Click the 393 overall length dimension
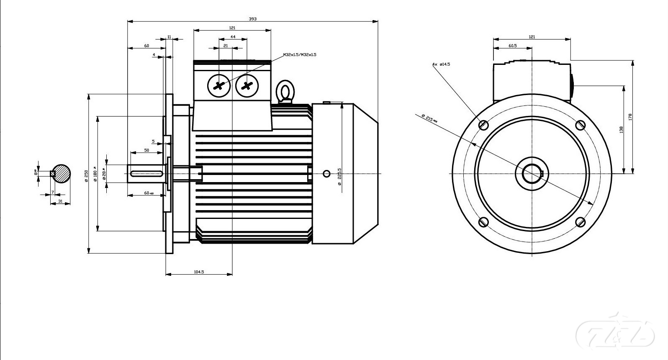pos(252,18)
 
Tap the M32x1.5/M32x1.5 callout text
pos(299,55)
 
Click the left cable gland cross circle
pos(218,86)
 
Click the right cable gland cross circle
pos(247,86)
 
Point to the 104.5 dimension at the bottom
pos(199,272)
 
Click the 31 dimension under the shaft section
pos(60,201)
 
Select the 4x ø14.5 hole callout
pos(441,64)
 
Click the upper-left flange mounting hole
pos(483,125)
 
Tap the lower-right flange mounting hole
pos(581,222)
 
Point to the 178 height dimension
pos(630,117)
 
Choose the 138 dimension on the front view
pos(621,129)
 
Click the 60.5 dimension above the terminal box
pos(512,46)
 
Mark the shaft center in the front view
pos(532,173)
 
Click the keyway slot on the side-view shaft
pos(147,173)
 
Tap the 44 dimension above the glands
pos(233,37)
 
